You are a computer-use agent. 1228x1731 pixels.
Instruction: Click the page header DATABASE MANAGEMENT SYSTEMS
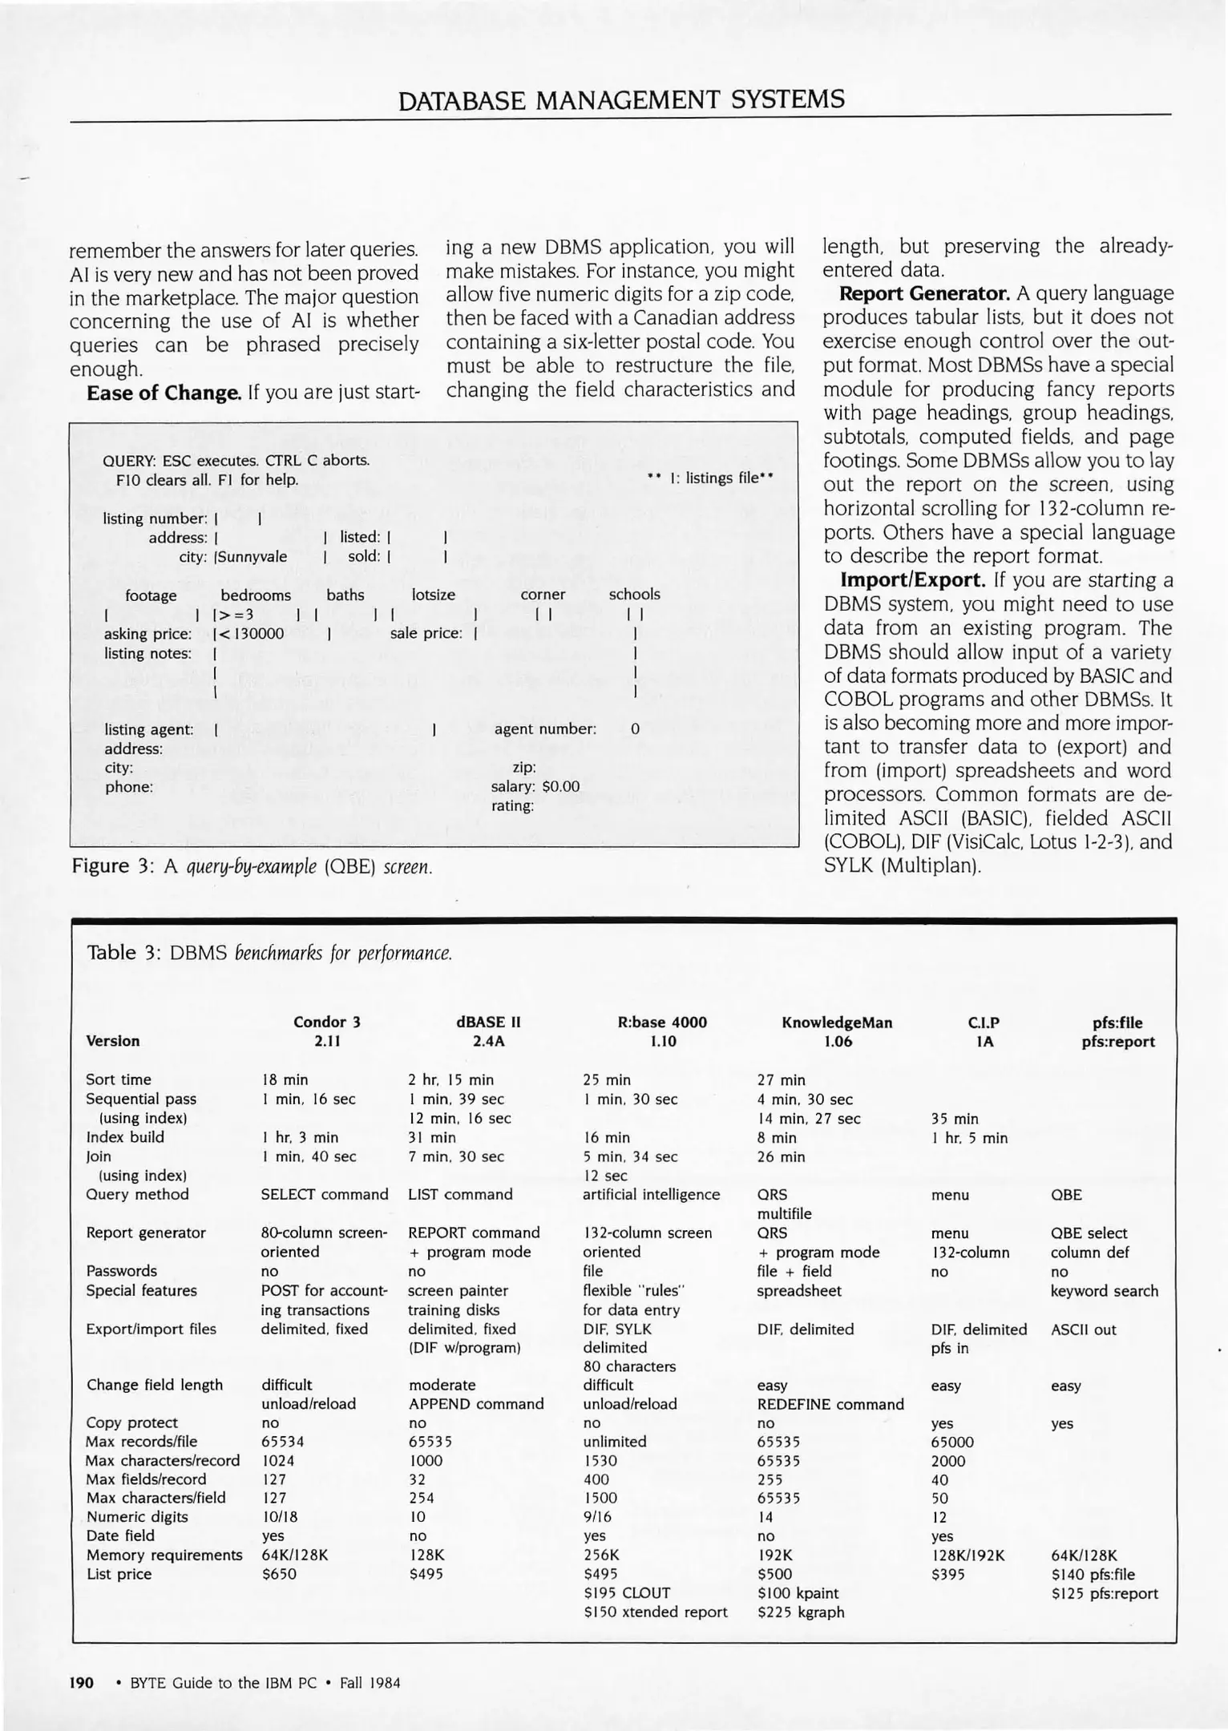621,100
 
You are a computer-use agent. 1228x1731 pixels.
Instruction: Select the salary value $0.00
560,787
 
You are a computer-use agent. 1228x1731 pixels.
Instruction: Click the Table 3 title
269,954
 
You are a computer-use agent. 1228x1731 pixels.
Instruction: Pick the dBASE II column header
488,1023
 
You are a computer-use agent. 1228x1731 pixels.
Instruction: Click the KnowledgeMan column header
836,1023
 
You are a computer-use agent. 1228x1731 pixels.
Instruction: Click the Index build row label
125,1137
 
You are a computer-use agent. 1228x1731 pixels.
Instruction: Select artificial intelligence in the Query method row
651,1195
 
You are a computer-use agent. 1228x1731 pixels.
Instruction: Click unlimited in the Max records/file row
615,1442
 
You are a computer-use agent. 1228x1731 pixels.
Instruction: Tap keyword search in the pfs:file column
1104,1291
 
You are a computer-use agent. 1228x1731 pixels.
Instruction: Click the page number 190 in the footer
82,1683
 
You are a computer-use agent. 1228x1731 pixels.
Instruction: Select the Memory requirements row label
164,1555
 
